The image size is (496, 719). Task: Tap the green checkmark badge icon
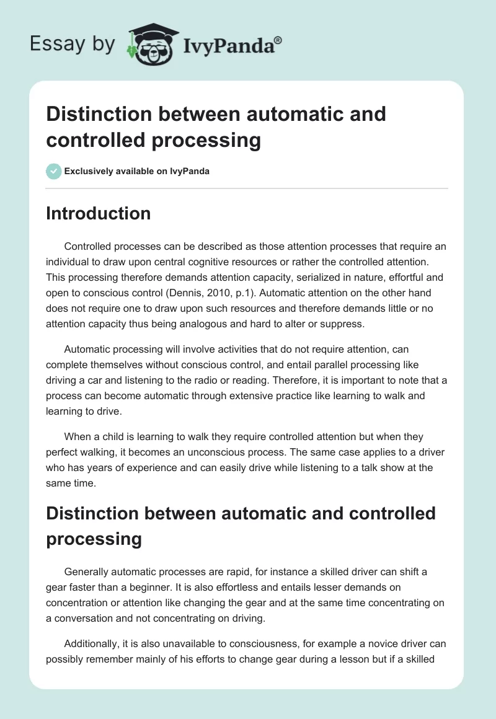[x=53, y=171]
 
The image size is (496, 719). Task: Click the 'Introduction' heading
[x=98, y=213]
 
